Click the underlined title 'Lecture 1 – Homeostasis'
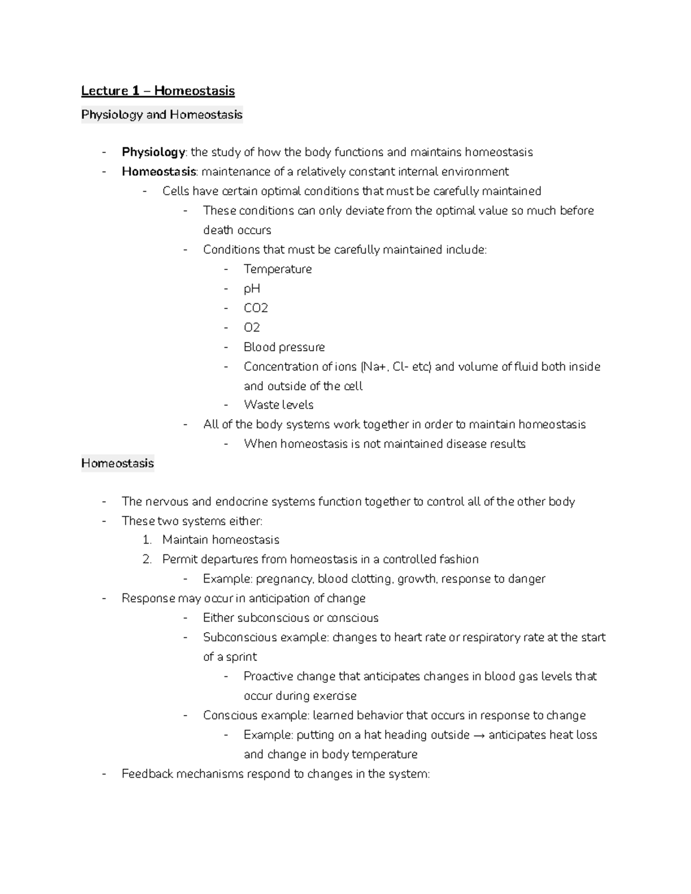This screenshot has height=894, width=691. point(158,91)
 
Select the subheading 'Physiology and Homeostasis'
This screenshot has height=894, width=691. point(162,115)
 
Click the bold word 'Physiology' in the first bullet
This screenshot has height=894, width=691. point(153,152)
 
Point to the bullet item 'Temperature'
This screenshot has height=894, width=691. point(278,269)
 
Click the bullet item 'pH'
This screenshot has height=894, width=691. point(252,288)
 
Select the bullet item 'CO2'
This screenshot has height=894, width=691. point(256,308)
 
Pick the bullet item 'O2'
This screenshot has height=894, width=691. point(252,328)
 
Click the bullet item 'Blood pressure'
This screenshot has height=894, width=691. point(284,347)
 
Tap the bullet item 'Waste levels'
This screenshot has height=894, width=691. point(278,405)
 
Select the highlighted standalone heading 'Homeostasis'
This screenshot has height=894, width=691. point(117,463)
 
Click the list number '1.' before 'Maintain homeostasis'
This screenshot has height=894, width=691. point(147,540)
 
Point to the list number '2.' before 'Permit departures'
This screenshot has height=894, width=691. point(147,560)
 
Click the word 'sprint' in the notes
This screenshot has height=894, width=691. point(241,657)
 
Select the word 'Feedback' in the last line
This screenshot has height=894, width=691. point(147,774)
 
